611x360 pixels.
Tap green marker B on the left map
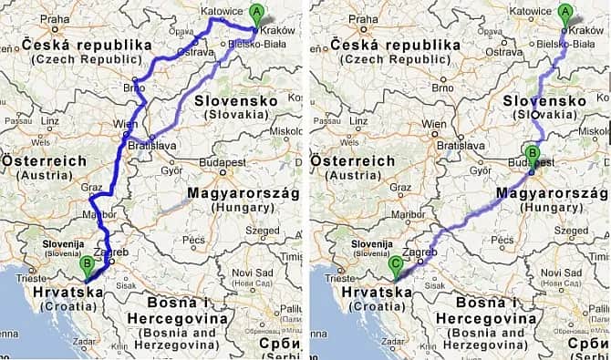point(87,265)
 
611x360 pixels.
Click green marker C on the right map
point(395,265)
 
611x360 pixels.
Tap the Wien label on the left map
point(124,123)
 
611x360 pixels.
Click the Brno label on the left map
point(134,88)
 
